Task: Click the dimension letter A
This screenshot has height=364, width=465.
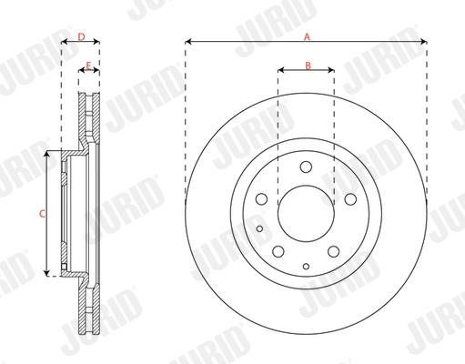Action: pos(307,36)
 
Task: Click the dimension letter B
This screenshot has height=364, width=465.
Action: pos(308,65)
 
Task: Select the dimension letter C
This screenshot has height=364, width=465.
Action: pos(41,214)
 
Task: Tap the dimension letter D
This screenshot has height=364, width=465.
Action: pos(81,36)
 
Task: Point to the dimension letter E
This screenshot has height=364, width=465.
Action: pos(87,66)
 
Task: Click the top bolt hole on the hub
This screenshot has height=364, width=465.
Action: pos(306,167)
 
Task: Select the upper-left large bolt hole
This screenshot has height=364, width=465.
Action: pos(262,199)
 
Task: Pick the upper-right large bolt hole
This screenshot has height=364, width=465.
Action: pos(349,199)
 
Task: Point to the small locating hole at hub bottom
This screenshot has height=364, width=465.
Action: pos(306,265)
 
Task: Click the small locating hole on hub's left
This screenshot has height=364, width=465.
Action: pos(259,228)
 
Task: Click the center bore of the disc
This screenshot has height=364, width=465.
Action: pos(306,215)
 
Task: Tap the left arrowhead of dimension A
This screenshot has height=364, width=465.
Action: pos(187,42)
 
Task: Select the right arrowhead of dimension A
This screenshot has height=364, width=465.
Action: pos(423,42)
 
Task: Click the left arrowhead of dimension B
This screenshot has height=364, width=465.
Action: pos(280,70)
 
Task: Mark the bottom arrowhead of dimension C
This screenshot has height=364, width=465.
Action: pos(45,273)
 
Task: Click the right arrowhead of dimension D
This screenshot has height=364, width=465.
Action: pos(97,42)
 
